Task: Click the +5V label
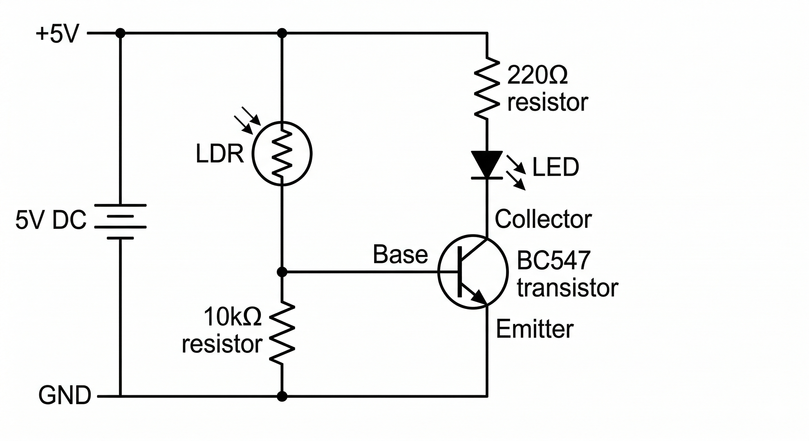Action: (57, 34)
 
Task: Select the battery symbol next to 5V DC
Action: (120, 222)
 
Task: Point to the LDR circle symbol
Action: (282, 154)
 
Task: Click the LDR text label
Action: (219, 154)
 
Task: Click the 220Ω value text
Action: (537, 75)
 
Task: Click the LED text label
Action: (556, 167)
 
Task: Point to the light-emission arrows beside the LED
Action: (516, 173)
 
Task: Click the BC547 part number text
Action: (554, 260)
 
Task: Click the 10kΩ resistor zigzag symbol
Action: (282, 333)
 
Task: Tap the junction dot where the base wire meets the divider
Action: (282, 272)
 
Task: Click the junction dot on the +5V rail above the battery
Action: (120, 33)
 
